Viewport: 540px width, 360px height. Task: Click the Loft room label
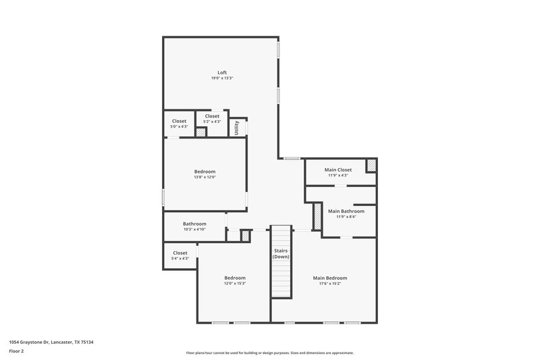[222, 72]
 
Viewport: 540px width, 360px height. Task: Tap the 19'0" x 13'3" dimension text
[222, 78]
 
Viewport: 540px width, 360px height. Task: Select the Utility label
[236, 127]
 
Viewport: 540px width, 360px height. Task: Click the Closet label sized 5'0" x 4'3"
[179, 121]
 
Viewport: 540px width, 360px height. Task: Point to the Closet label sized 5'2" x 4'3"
[212, 116]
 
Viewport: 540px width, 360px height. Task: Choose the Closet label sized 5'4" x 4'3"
[180, 253]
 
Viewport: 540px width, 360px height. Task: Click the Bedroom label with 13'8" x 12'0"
[205, 172]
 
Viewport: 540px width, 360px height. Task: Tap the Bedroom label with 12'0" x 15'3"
[235, 278]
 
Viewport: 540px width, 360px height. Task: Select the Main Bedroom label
[330, 278]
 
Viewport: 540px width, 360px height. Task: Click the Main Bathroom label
[346, 211]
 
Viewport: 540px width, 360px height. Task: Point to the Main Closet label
[338, 170]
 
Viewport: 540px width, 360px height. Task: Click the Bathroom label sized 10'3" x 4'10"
[194, 224]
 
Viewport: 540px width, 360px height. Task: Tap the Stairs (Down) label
[281, 254]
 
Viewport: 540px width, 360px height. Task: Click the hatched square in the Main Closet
[371, 165]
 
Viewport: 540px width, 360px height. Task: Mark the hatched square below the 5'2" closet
[200, 132]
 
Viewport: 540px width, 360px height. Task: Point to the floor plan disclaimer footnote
[269, 353]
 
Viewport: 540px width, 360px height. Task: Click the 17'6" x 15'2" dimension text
[330, 284]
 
